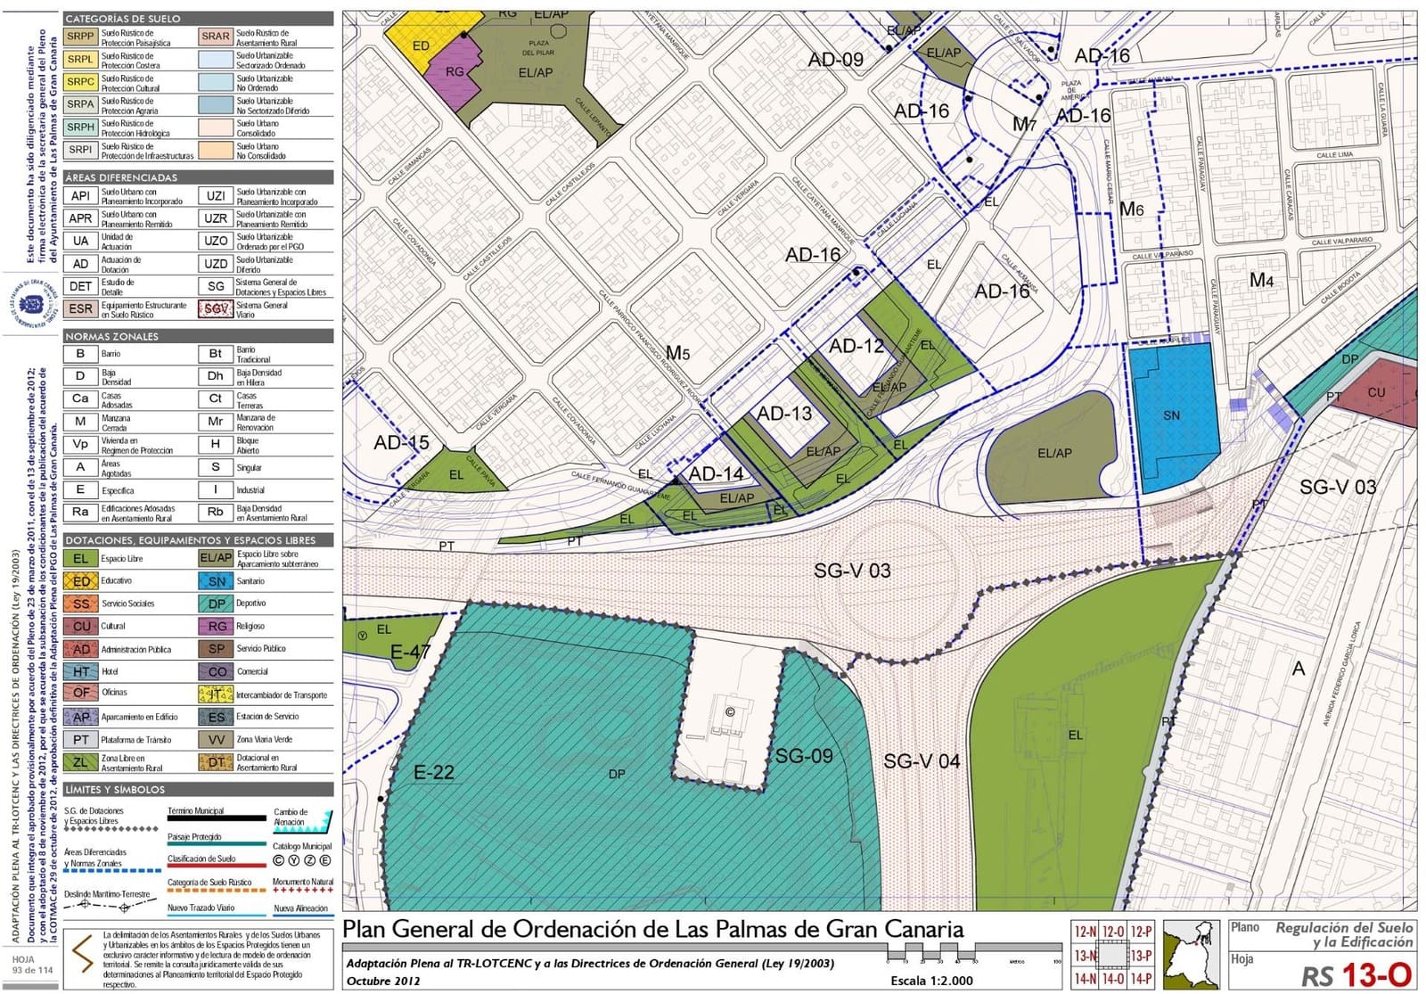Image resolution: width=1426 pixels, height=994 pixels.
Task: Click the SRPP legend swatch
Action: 80,37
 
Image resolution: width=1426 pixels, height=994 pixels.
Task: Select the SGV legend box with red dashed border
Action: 216,308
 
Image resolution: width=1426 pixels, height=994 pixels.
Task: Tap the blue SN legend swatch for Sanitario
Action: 216,581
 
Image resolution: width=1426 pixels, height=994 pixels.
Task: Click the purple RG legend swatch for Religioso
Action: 216,626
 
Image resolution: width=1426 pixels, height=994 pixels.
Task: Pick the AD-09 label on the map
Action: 835,60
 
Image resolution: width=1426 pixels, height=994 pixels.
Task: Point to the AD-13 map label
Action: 784,414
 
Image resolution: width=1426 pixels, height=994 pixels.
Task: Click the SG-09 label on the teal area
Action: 803,756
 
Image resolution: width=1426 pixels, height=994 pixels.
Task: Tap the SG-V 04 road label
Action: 922,761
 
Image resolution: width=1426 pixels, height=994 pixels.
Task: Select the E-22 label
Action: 433,772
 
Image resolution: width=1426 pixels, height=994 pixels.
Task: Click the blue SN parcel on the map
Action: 1174,415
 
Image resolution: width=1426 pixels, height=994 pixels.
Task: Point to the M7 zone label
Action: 1024,125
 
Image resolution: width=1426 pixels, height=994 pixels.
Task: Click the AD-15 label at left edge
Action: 401,442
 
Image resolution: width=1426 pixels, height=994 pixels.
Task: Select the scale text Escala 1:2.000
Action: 931,981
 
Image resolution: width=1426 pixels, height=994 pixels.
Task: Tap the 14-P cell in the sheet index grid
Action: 1141,978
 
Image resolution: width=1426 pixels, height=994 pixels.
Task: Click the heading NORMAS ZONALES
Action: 111,336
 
